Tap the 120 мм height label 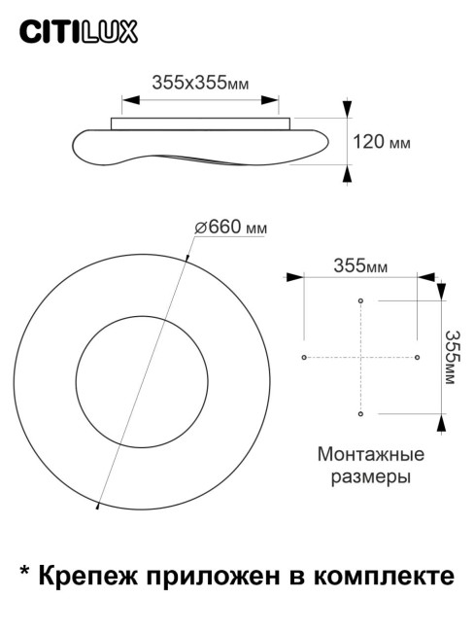pyautogui.click(x=381, y=142)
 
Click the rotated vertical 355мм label pyautogui.click(x=450, y=358)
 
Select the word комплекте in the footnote pyautogui.click(x=387, y=577)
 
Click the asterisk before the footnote pyautogui.click(x=25, y=574)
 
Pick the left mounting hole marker pyautogui.click(x=305, y=358)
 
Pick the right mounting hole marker pyautogui.click(x=418, y=358)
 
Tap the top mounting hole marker pyautogui.click(x=361, y=302)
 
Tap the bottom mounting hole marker pyautogui.click(x=361, y=414)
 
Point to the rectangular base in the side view pyautogui.click(x=201, y=122)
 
